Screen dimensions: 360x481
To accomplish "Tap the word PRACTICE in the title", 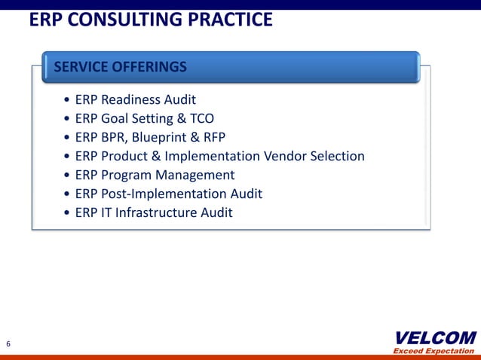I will pos(231,20).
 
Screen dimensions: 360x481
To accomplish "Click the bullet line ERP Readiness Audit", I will pos(135,99).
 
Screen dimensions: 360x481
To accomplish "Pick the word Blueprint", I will pos(161,137).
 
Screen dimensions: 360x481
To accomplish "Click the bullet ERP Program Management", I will pos(155,175).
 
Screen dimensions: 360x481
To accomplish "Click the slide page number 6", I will pos(8,344).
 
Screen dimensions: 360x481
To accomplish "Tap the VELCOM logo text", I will pos(435,337).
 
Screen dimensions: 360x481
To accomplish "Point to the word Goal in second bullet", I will pos(116,118).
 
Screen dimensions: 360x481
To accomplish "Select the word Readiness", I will pos(133,99).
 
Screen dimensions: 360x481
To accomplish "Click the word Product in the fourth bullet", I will pos(126,156).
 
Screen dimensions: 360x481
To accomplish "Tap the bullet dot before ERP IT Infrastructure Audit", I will pos(69,213).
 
